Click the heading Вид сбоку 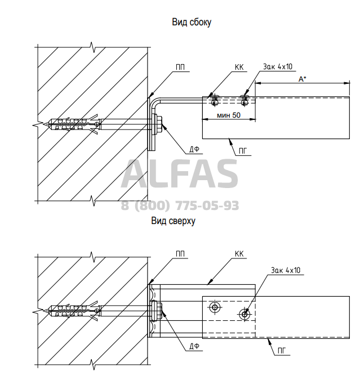click(191, 23)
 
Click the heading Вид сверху click(173, 221)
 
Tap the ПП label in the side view click(180, 68)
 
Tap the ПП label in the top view click(180, 253)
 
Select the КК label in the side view click(239, 68)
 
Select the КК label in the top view click(239, 254)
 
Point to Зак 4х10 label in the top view click(287, 271)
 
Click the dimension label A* click(302, 80)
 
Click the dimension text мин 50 click(228, 115)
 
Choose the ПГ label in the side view click(243, 150)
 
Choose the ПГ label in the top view click(281, 350)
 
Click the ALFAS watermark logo click(180, 174)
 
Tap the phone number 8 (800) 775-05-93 click(180, 205)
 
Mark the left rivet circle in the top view click(215, 307)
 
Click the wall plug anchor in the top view click(74, 310)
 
